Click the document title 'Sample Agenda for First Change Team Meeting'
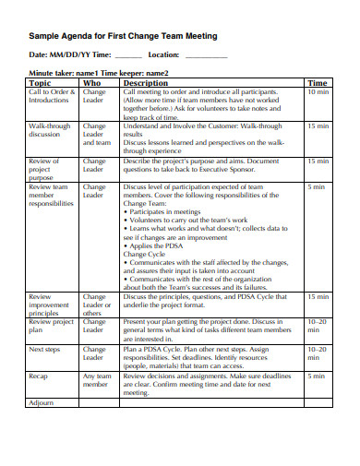coord(124,35)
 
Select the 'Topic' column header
coord(40,82)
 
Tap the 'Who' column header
coord(92,82)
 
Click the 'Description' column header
coord(148,82)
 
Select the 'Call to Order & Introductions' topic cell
coord(50,96)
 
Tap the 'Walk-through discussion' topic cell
coord(49,129)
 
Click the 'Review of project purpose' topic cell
coord(44,168)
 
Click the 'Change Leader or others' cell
coord(97,305)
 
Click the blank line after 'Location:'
coord(206,56)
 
